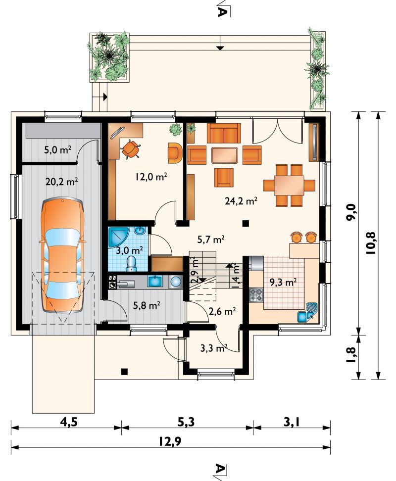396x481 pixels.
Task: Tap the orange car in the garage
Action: [62, 255]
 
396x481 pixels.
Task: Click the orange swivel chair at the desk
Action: [131, 149]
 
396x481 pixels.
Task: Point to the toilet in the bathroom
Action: [132, 264]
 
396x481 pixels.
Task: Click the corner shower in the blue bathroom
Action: [119, 237]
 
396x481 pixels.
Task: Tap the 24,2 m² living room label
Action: [241, 201]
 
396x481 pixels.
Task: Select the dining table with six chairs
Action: [289, 185]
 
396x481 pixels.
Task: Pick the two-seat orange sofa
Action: [224, 133]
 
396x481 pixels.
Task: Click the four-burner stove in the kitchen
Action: [256, 294]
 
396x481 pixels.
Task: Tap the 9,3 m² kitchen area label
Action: [283, 282]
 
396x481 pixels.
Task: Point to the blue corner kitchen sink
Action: [308, 313]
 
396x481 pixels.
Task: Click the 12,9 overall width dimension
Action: [170, 441]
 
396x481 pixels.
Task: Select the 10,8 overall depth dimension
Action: [370, 243]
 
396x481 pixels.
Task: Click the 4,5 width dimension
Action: [68, 423]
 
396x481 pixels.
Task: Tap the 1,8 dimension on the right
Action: [350, 355]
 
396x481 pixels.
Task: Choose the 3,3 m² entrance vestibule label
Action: [214, 348]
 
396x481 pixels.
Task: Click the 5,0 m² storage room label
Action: [57, 150]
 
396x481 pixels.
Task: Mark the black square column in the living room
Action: [245, 223]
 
